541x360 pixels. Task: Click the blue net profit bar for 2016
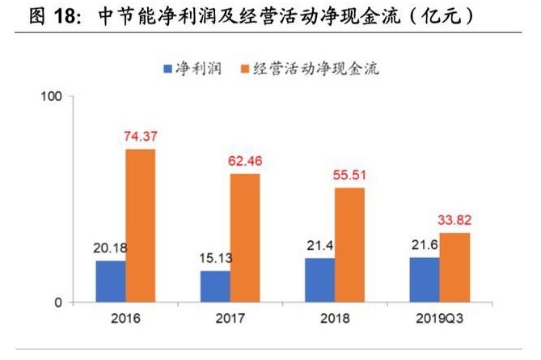point(111,282)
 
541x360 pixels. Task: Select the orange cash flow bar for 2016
point(141,226)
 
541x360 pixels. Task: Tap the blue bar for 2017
point(215,286)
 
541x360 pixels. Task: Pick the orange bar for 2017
point(245,238)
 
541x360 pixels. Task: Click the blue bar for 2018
point(319,280)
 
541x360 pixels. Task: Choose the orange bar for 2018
point(349,245)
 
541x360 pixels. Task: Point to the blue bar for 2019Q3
point(425,280)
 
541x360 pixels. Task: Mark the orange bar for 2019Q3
point(454,268)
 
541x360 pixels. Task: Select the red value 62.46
point(245,160)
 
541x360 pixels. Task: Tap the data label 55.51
point(349,175)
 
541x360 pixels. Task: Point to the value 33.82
point(454,219)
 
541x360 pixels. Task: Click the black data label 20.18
point(111,248)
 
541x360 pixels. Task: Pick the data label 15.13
point(215,258)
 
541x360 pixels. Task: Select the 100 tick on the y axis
point(52,96)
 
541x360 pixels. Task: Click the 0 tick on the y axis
point(57,303)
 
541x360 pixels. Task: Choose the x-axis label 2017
point(230,318)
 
